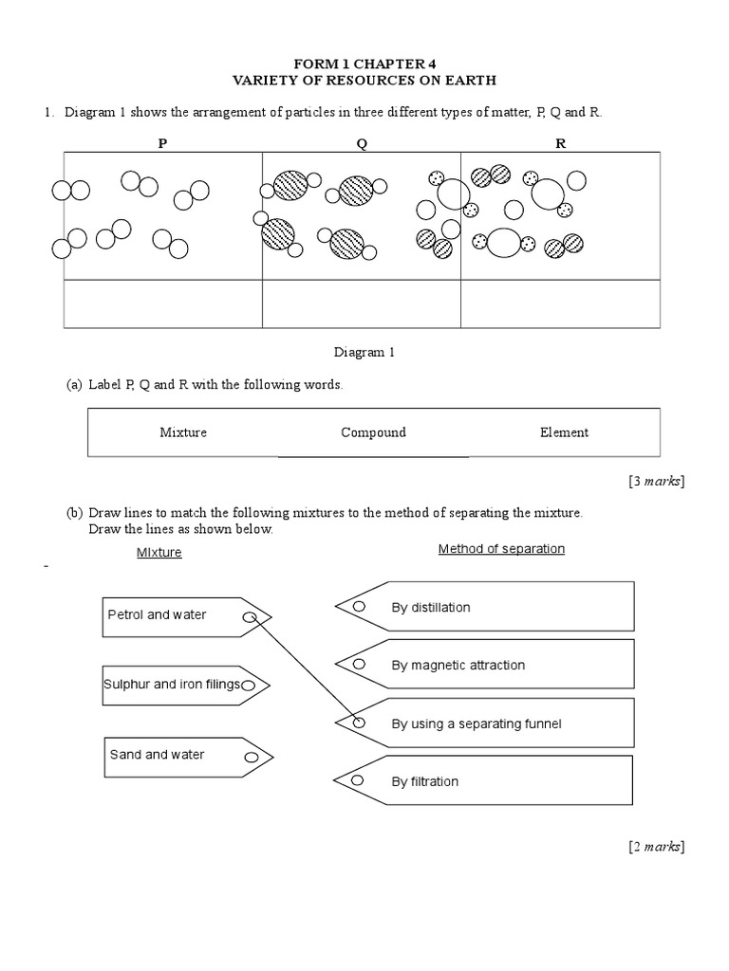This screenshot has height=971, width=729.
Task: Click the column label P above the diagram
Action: click(161, 144)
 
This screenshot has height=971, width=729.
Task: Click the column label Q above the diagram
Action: click(361, 144)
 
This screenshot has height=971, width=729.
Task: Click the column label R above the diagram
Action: click(560, 144)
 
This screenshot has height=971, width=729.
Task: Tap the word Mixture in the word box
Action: click(183, 432)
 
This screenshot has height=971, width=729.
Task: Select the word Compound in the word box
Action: click(373, 432)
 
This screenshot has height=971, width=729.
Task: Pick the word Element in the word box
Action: click(564, 432)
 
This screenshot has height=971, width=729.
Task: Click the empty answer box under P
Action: click(162, 304)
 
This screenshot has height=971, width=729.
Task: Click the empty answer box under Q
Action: click(361, 304)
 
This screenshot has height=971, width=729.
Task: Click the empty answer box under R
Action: click(560, 304)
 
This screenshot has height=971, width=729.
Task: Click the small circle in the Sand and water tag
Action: click(251, 758)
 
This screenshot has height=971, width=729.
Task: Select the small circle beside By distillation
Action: click(359, 607)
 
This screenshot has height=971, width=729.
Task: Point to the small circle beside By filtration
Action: click(359, 780)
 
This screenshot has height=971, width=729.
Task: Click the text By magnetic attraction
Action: click(458, 666)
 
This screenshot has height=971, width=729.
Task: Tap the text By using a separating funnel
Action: click(477, 724)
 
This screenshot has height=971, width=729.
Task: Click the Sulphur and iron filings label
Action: click(172, 685)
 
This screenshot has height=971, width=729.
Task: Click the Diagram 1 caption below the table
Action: click(364, 353)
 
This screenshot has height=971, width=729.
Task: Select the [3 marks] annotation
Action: click(655, 482)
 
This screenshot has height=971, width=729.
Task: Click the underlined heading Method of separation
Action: click(501, 549)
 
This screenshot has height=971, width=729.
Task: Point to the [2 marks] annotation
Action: click(655, 847)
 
